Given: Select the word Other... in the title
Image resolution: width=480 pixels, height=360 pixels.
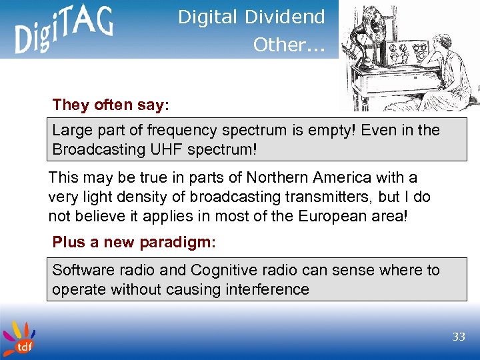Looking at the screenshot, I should pos(288,44).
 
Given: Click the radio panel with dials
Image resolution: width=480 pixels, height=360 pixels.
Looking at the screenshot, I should pos(404,53).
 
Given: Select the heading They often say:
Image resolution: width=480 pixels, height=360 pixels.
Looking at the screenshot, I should pos(111,105).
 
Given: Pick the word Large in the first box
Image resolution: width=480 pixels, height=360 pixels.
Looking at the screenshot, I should pos(71,130).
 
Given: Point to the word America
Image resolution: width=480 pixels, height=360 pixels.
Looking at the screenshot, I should pos(353,179).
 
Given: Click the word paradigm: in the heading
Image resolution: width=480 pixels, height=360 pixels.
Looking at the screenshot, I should pos(177,242).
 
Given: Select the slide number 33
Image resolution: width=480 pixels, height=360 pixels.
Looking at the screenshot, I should pos(458,337).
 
